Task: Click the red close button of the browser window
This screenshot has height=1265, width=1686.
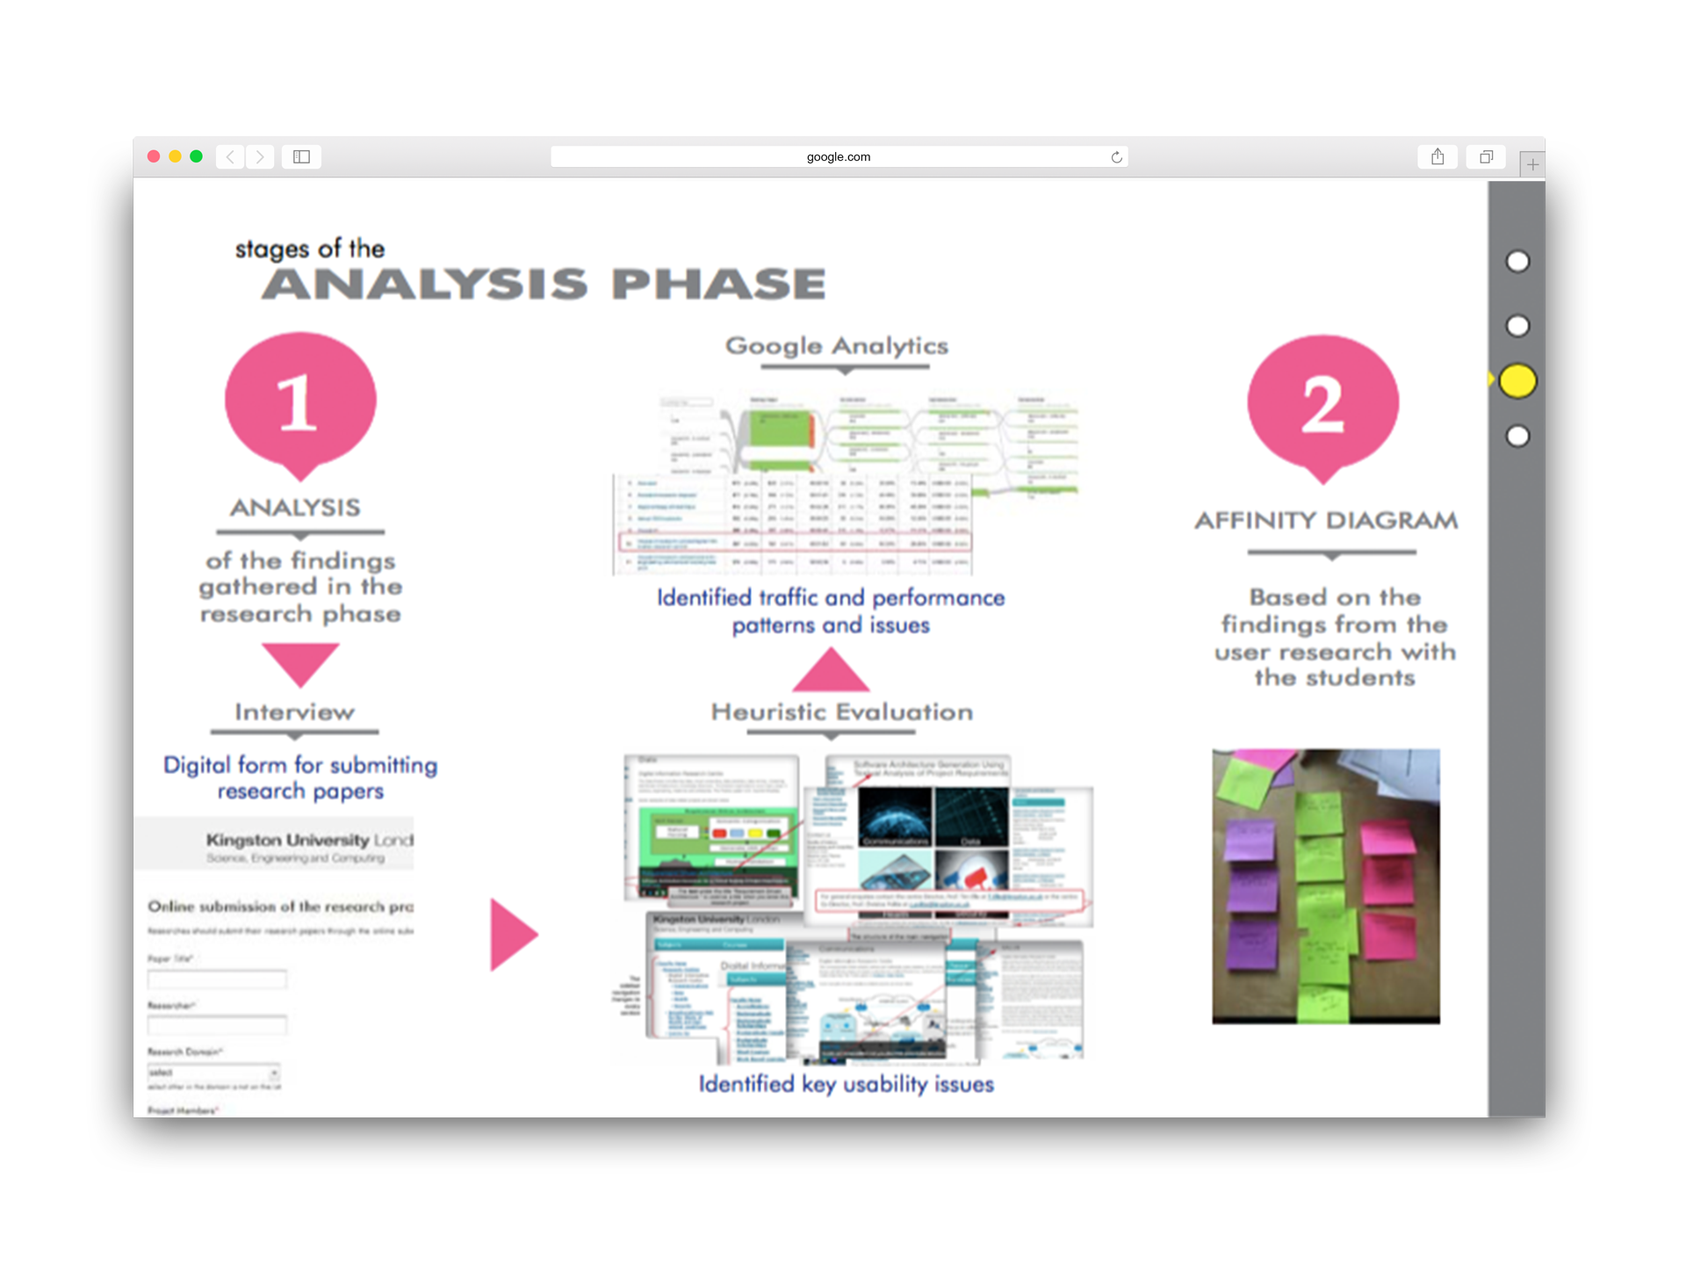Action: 154,156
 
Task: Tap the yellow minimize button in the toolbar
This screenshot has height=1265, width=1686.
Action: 175,156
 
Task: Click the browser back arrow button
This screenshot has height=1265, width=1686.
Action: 230,156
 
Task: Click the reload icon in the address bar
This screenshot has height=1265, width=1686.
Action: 1116,157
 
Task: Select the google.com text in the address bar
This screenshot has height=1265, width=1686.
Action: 838,157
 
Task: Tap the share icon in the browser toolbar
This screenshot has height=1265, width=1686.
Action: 1437,156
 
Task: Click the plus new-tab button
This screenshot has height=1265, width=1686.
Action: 1532,164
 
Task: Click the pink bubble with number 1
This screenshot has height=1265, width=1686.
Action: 299,401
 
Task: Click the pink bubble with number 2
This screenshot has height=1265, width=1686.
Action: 1322,404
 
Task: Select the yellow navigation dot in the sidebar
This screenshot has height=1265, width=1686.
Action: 1517,381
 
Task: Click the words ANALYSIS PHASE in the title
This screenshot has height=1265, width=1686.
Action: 544,284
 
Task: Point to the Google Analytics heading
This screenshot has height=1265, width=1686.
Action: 836,345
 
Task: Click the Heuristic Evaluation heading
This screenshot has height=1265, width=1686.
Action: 841,712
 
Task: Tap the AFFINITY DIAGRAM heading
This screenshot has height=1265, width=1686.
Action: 1325,520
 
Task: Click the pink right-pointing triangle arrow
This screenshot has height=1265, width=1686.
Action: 511,934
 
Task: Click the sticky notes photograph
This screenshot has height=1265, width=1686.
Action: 1325,885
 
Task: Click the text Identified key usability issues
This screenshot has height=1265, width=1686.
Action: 846,1084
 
